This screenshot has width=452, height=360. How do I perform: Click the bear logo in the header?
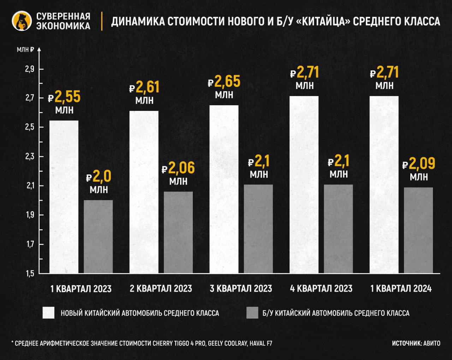click(x=22, y=21)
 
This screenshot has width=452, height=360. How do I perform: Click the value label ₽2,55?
click(x=64, y=97)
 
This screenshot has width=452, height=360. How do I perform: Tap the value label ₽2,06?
click(x=178, y=168)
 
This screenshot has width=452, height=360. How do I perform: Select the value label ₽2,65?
click(x=224, y=82)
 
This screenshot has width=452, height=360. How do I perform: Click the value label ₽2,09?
click(x=419, y=164)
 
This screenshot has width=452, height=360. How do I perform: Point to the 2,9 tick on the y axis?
click(x=29, y=69)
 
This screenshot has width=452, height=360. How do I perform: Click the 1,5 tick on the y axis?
click(x=29, y=273)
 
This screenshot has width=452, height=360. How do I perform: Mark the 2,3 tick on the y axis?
click(x=29, y=157)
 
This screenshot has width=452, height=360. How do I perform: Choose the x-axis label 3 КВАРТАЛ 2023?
click(x=241, y=289)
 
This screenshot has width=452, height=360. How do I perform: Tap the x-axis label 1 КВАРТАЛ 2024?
click(x=401, y=289)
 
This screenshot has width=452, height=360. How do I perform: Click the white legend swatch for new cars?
click(x=49, y=313)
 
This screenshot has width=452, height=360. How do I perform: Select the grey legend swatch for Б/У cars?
click(x=252, y=313)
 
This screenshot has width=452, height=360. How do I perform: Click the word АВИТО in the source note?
click(x=432, y=343)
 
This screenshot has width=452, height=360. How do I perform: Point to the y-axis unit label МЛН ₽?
click(x=25, y=50)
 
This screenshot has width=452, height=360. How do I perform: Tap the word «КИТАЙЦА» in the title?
click(x=322, y=22)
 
